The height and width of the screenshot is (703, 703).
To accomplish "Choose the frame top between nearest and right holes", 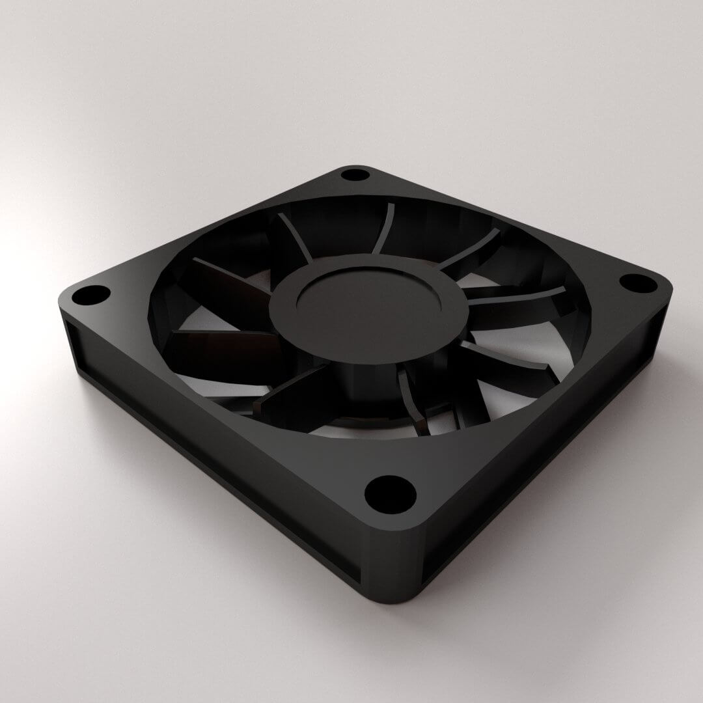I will pos(534,417).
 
